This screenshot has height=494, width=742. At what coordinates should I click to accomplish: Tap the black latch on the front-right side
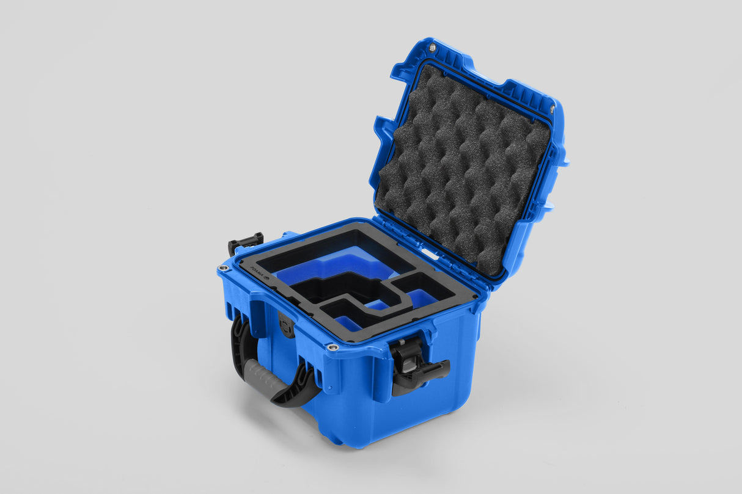(416, 366)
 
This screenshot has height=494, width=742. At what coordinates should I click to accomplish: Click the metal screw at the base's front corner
(332, 347)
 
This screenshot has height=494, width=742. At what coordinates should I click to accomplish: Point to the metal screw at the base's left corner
(224, 268)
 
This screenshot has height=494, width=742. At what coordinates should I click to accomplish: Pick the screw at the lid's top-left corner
(432, 48)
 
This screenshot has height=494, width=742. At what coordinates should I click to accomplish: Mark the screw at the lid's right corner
(552, 109)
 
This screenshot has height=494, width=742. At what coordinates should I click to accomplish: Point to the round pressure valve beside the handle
(286, 324)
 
